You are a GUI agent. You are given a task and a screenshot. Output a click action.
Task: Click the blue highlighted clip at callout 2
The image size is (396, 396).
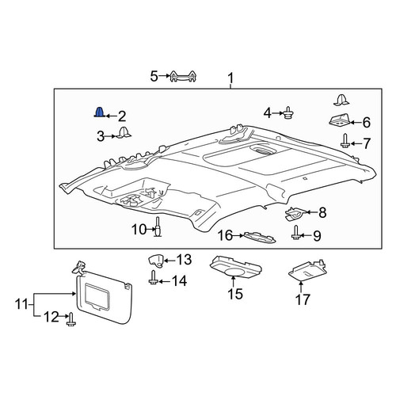coord(100,112)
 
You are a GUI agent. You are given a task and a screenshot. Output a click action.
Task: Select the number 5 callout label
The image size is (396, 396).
coord(154,76)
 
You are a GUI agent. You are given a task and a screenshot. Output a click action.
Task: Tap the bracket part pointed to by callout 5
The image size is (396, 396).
coord(183,76)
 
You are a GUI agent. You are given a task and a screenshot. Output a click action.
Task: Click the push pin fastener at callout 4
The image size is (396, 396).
coord(289,113)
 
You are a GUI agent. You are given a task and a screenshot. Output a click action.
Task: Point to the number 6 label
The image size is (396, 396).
coord(367,123)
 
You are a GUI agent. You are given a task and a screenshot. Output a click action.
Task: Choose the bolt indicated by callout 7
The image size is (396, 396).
coord(345,140)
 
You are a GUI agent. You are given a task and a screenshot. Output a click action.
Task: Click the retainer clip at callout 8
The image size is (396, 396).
coord(295,213)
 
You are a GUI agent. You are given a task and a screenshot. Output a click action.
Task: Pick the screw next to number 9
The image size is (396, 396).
coord(296,232)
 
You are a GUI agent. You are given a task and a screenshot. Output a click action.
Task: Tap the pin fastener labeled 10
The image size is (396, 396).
coord(158,227)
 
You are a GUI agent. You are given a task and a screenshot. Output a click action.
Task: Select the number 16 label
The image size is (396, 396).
coord(225,235)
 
